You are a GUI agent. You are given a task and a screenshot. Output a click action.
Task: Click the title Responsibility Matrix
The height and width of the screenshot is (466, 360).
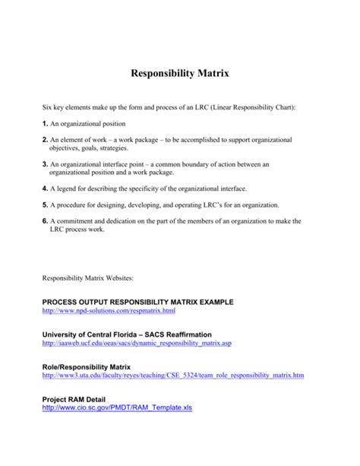tap(180, 74)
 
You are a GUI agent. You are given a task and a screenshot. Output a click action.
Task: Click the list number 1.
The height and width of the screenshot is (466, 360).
tap(45, 123)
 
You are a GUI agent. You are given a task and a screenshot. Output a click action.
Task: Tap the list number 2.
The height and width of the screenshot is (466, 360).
tap(45, 141)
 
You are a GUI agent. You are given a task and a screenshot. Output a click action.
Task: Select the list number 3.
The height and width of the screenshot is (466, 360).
tap(45, 164)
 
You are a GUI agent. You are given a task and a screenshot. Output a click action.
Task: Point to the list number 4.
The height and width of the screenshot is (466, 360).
tap(45, 187)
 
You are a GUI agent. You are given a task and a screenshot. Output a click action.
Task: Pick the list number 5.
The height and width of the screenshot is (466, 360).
tap(45, 204)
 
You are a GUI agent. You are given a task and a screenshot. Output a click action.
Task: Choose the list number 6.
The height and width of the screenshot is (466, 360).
tap(45, 221)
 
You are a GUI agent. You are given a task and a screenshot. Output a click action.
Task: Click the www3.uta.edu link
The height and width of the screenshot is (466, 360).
tap(173, 376)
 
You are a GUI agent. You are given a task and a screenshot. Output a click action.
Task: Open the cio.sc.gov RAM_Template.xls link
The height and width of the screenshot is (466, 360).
tap(118, 407)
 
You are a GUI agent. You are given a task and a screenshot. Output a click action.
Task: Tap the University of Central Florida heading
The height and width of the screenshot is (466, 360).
tap(127, 334)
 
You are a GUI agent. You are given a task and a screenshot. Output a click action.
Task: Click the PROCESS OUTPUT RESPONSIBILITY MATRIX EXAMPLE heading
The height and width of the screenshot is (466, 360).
tap(137, 302)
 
